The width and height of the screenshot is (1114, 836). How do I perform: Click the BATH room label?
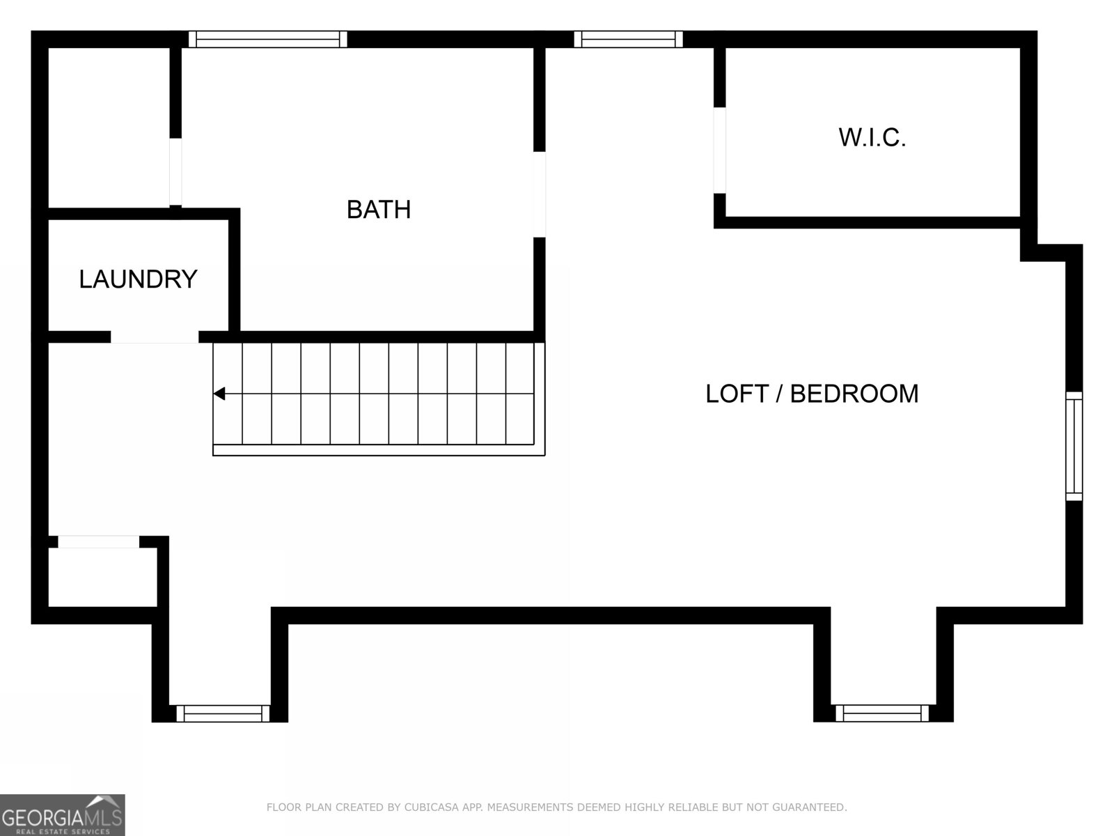click(x=379, y=209)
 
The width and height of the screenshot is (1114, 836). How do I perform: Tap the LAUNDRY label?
click(x=138, y=279)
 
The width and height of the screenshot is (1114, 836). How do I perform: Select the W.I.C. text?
click(x=872, y=138)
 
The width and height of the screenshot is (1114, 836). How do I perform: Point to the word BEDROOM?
click(x=854, y=394)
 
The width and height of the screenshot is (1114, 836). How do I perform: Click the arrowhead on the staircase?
click(x=219, y=394)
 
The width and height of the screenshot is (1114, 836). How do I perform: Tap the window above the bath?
click(x=268, y=39)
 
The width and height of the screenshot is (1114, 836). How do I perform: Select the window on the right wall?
click(x=1074, y=446)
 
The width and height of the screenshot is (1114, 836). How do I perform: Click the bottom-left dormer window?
click(x=223, y=713)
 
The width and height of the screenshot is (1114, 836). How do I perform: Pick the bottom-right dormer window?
click(x=882, y=713)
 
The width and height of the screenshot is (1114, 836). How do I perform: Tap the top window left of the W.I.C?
click(x=628, y=39)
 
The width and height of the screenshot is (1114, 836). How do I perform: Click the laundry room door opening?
click(x=155, y=337)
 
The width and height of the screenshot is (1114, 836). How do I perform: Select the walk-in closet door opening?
click(x=720, y=150)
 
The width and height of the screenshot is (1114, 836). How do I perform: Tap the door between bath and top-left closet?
click(x=175, y=171)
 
